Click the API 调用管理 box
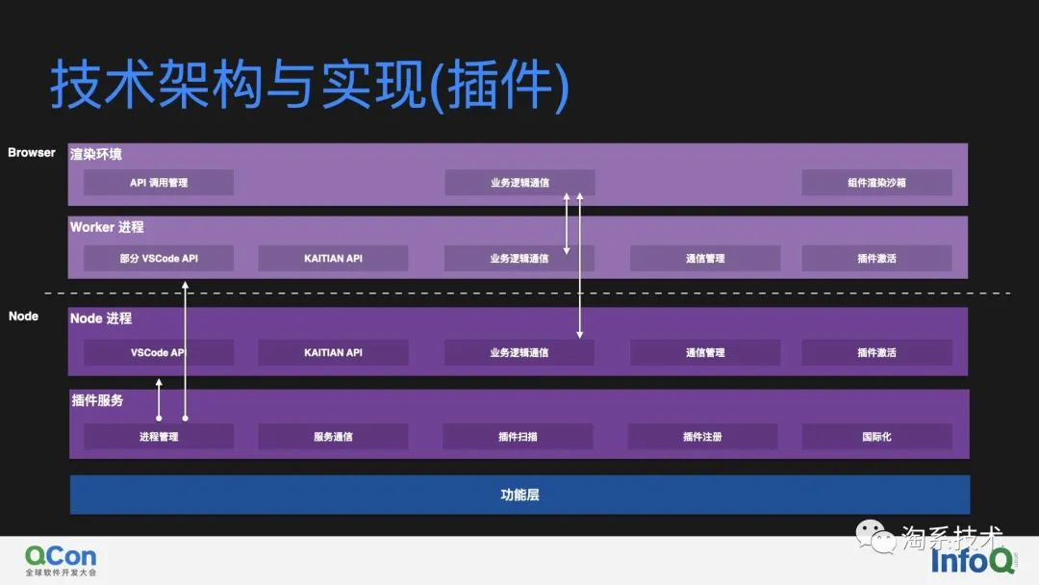(x=159, y=183)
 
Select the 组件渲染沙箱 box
(x=876, y=183)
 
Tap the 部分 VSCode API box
(x=159, y=259)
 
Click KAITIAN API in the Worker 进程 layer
(x=333, y=259)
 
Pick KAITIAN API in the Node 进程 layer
(x=333, y=353)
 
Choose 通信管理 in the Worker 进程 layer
(x=704, y=259)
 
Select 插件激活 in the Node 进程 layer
(x=876, y=353)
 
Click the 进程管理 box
(x=159, y=437)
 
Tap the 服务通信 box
(x=333, y=437)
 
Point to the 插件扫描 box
(x=518, y=437)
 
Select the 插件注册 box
(x=702, y=437)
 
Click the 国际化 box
(x=876, y=437)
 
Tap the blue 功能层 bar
(x=519, y=495)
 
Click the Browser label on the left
(x=32, y=153)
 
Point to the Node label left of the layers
(x=23, y=317)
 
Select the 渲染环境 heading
(x=96, y=154)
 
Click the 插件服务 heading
(x=97, y=400)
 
